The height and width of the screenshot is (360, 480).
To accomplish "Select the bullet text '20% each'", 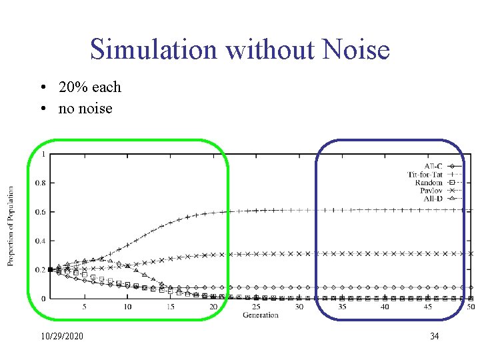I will [x=89, y=87].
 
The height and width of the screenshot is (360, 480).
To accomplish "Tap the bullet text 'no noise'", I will [x=85, y=108].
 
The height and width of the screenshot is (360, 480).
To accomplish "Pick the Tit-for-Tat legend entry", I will [x=425, y=174].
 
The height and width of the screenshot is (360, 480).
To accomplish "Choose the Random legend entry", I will [x=429, y=183].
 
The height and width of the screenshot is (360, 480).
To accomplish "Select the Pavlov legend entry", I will [x=431, y=191].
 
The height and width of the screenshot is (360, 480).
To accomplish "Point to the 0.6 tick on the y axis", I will [x=40, y=212].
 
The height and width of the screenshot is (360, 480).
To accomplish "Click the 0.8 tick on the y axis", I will [x=40, y=183].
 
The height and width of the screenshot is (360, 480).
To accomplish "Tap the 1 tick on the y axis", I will [x=43, y=154].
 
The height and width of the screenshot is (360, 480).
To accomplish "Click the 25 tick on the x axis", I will [x=256, y=307].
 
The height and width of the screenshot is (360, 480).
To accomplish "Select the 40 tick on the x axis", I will [x=385, y=307].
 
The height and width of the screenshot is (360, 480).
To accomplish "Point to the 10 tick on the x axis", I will [x=127, y=307].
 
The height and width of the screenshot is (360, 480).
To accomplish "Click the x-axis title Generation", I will [x=260, y=315].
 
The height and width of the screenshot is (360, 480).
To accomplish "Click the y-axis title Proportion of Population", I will [x=11, y=226].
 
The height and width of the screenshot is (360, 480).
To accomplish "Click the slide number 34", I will [x=434, y=336].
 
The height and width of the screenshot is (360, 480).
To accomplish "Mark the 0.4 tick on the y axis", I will [x=40, y=241].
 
